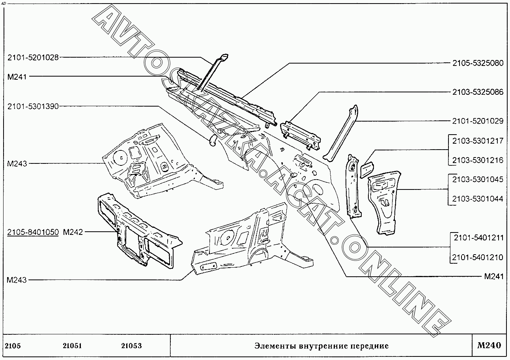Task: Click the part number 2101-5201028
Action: tap(33, 58)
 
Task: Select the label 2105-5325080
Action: tap(478, 63)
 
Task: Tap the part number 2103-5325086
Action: tap(478, 92)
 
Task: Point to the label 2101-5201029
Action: tap(478, 121)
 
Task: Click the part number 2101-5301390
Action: tap(33, 107)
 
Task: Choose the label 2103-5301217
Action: tap(478, 141)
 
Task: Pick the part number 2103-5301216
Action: tap(478, 160)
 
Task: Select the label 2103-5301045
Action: tap(478, 180)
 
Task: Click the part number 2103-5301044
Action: tap(478, 199)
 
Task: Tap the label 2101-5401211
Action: tap(478, 238)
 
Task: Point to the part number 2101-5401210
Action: tap(478, 257)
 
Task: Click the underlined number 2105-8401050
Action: tap(33, 232)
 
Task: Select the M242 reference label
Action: tap(73, 232)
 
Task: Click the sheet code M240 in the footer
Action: tap(489, 345)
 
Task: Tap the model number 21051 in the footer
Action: tap(72, 346)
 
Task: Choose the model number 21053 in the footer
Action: tap(131, 346)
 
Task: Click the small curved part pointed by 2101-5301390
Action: tap(213, 140)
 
